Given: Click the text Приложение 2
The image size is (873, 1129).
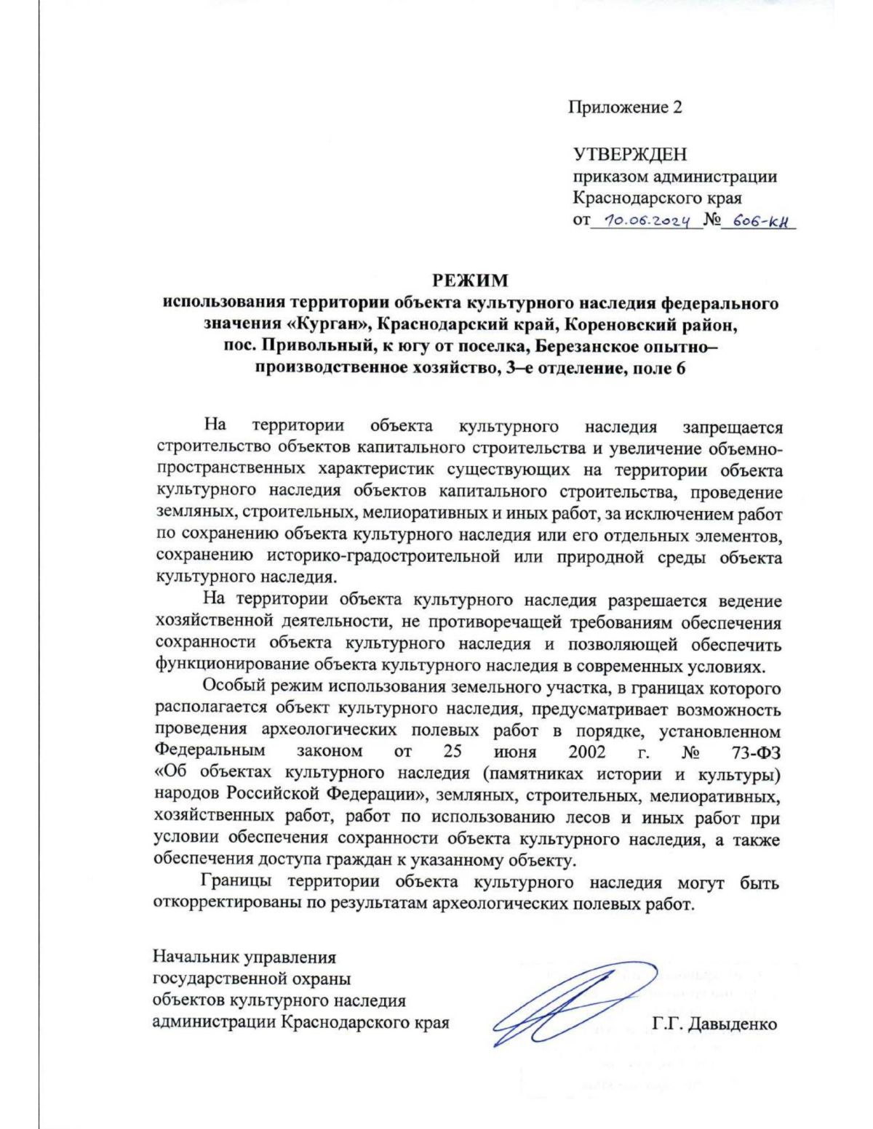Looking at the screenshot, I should tap(625, 108).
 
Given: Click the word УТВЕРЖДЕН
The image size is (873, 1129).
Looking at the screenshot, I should tap(630, 154).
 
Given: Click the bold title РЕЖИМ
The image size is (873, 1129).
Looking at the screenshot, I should tap(471, 281).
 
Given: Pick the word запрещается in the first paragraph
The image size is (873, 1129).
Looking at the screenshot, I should tap(733, 427).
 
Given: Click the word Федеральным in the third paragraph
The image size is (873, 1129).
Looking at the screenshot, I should tap(210, 752).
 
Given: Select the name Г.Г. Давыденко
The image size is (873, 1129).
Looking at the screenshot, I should tap(714, 1024).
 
